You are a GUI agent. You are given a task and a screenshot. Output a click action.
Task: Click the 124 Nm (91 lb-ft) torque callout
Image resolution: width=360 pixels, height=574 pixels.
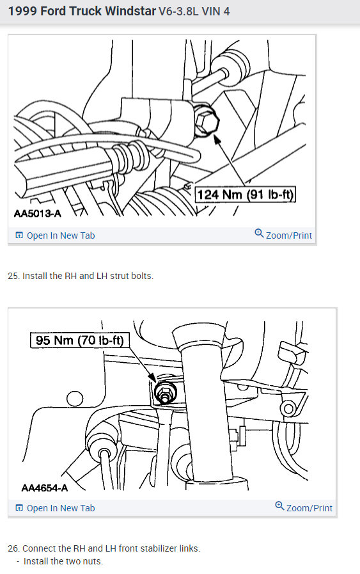(246, 195)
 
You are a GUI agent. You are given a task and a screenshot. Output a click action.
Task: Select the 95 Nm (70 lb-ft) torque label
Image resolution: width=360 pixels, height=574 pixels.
(80, 341)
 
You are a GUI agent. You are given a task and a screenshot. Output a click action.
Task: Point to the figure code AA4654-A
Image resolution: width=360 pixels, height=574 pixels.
(44, 488)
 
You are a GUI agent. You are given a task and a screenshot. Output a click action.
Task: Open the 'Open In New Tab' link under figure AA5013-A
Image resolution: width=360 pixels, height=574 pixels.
(60, 235)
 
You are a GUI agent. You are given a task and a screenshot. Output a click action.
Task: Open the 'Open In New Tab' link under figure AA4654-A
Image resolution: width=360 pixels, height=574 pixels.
(60, 508)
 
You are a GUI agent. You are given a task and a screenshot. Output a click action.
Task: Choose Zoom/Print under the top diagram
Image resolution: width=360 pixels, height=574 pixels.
(289, 235)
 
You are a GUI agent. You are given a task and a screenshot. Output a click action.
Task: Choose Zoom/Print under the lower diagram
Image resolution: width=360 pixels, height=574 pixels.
(309, 508)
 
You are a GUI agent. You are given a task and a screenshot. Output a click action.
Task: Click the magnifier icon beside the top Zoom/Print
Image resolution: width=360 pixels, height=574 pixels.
(259, 234)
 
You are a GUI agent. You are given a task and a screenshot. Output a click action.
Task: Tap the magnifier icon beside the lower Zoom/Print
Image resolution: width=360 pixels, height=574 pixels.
(279, 506)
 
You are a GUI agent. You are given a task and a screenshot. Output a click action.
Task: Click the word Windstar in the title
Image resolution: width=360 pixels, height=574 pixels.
(125, 12)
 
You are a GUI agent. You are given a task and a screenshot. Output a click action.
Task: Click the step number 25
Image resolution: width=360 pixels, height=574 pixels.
(13, 276)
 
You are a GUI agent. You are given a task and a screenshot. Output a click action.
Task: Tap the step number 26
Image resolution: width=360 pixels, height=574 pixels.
(13, 548)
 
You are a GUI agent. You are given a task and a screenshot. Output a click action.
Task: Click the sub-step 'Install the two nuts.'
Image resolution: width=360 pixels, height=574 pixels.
(63, 561)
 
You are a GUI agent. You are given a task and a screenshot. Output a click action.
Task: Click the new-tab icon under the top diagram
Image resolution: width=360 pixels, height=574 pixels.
(19, 235)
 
